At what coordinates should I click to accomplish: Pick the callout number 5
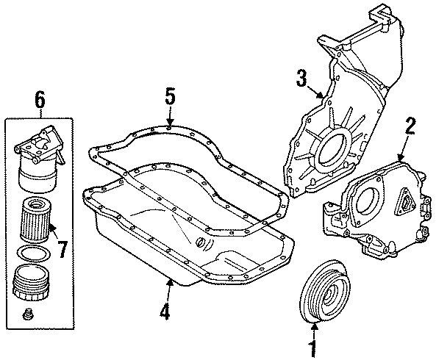[170, 96]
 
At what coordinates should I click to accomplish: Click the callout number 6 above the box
[39, 96]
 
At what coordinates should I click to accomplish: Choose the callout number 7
[62, 249]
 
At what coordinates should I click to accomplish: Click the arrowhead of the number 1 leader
[315, 324]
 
